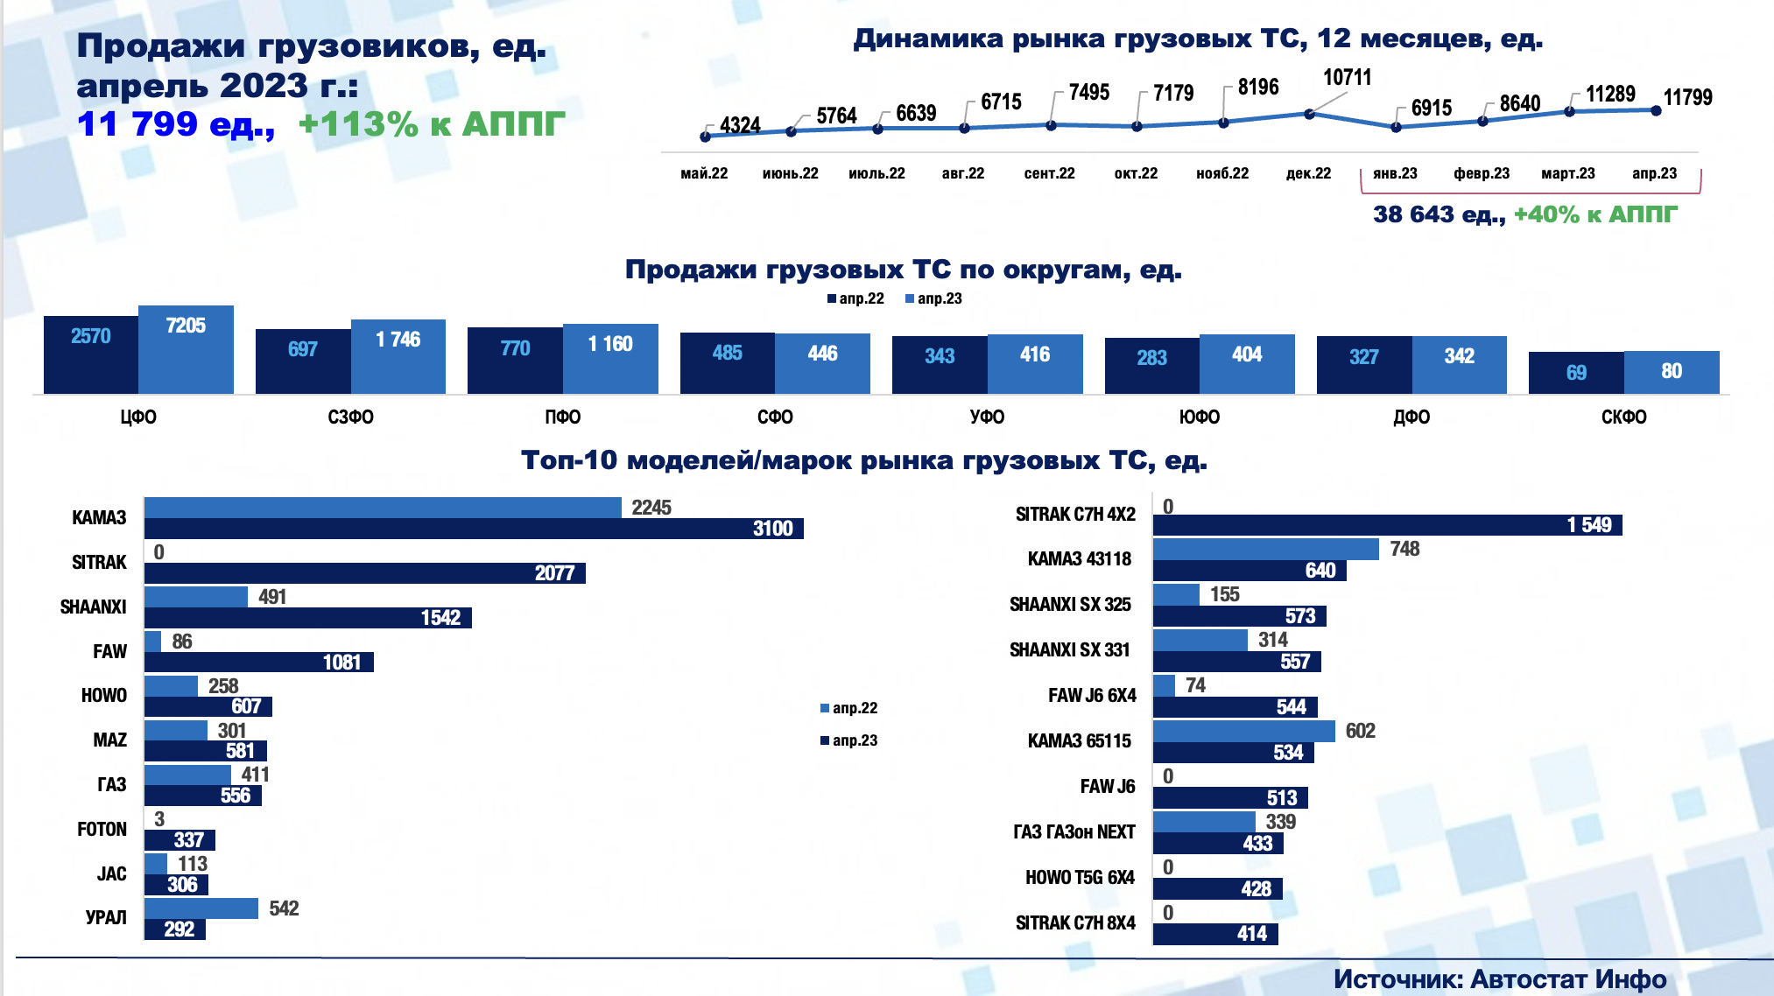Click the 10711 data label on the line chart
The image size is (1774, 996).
[x=1347, y=78]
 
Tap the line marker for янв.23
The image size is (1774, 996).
[x=1396, y=127]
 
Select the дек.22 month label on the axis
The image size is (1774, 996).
[x=1308, y=173]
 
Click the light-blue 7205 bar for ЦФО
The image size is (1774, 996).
[x=186, y=349]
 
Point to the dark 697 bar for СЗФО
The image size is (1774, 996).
[x=303, y=361]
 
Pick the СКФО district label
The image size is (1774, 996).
[x=1623, y=417]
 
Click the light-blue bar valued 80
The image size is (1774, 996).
[x=1672, y=372]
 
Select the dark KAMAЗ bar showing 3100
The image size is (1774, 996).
[x=473, y=529]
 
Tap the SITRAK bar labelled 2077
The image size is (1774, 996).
[x=364, y=573]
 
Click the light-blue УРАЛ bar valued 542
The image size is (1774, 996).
[x=201, y=908]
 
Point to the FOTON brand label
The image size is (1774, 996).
[x=102, y=830]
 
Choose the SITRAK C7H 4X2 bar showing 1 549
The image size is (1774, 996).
[x=1387, y=525]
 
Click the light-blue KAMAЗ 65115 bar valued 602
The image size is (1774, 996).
[x=1243, y=731]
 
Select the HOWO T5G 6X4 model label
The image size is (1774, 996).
[x=1080, y=878]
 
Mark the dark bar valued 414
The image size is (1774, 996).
[x=1215, y=934]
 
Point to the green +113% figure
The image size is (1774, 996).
[x=358, y=124]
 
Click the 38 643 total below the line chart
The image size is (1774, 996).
[x=1413, y=214]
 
